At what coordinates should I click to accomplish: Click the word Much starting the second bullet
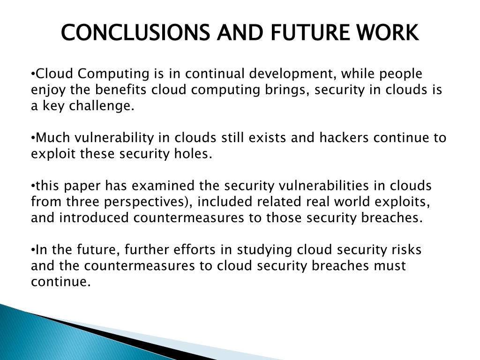tap(51, 138)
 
